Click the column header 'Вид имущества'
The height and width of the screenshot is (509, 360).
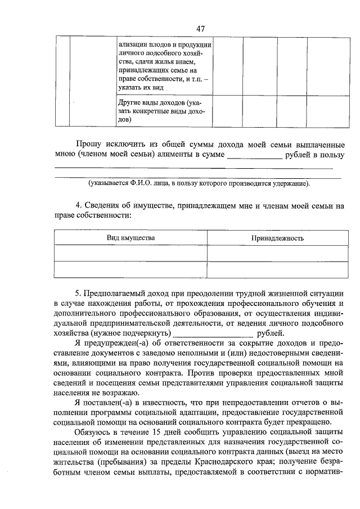131,238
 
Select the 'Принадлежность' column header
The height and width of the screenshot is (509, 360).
277,238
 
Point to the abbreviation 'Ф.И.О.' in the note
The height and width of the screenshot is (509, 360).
143,184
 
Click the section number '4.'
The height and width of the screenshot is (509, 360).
79,206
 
